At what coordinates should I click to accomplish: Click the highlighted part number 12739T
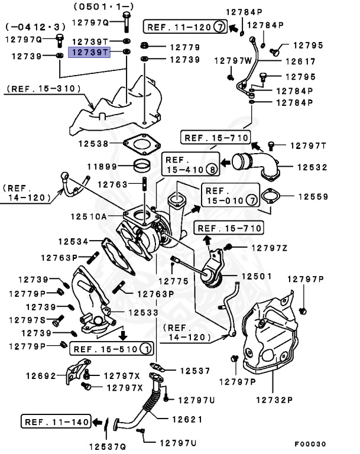click(x=90, y=53)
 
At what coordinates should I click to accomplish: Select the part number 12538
click(x=93, y=143)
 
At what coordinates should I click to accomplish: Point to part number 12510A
click(x=88, y=217)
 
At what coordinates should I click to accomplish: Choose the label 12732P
click(x=274, y=400)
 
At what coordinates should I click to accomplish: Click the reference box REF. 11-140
click(x=57, y=421)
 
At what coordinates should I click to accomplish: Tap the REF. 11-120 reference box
click(x=184, y=27)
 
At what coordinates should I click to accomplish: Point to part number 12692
click(x=41, y=375)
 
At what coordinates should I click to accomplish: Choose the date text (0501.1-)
click(x=100, y=7)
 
